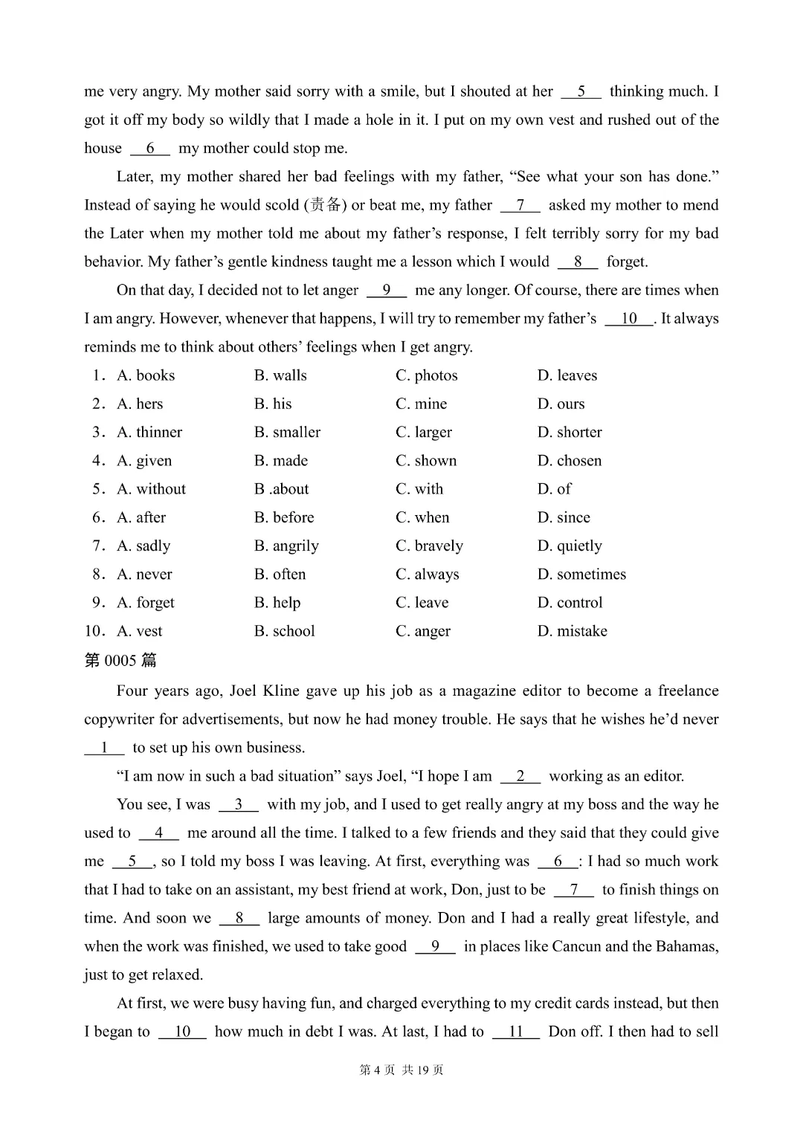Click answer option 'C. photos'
[426, 375]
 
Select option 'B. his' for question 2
[273, 404]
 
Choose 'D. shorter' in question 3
[570, 432]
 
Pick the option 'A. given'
[144, 461]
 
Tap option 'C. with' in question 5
[419, 489]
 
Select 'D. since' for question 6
[564, 517]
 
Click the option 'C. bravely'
[429, 546]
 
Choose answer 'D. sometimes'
[581, 574]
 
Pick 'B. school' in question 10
[284, 631]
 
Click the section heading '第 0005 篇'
[120, 660]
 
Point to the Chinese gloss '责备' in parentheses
[325, 204]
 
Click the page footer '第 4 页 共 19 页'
[401, 1070]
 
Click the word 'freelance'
[688, 691]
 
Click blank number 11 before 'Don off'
[516, 1032]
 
